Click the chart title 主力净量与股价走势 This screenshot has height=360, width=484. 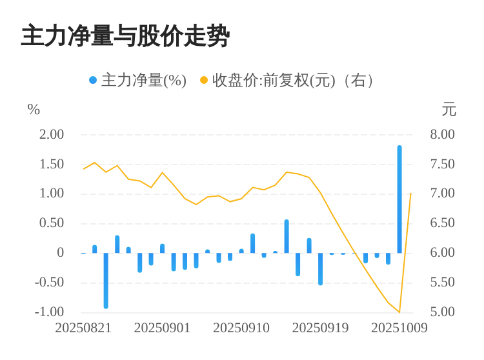[125, 36]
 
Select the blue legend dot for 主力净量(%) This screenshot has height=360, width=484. [93, 81]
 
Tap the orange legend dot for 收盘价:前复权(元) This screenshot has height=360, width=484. [204, 81]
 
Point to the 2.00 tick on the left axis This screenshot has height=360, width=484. [52, 134]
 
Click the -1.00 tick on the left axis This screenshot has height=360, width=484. [49, 312]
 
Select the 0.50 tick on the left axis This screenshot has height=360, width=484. [52, 223]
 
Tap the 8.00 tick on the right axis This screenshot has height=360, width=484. [442, 134]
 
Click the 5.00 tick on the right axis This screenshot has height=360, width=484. [442, 312]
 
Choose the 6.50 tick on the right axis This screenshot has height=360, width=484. [442, 223]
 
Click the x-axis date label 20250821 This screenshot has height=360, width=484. [83, 328]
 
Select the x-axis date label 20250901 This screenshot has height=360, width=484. [162, 328]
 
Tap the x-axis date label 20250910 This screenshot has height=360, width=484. [241, 328]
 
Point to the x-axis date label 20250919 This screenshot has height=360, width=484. [320, 328]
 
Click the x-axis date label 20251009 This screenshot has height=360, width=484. [399, 328]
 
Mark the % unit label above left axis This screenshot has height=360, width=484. [34, 110]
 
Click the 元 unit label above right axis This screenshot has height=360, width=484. [449, 110]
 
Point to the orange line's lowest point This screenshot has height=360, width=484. [399, 312]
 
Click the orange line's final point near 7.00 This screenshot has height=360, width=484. [410, 193]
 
